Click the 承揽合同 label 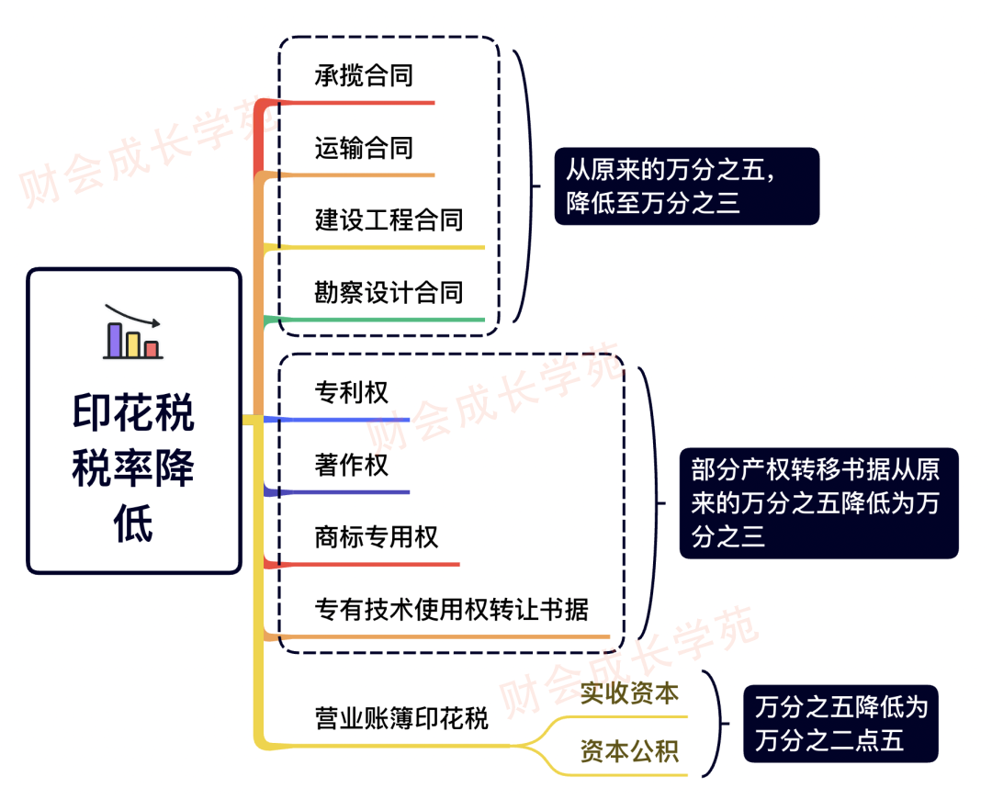(x=364, y=75)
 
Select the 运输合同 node (x=364, y=148)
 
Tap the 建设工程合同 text (x=389, y=220)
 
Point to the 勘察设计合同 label (x=389, y=293)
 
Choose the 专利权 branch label (x=352, y=393)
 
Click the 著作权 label (x=352, y=465)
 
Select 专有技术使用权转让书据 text (x=451, y=609)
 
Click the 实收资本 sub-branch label (x=629, y=693)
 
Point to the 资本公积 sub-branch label (x=629, y=752)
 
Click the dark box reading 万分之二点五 (x=840, y=724)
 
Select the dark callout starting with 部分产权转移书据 (x=818, y=502)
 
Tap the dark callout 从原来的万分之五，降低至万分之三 (x=686, y=186)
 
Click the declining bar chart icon (x=133, y=332)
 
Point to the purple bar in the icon (x=115, y=340)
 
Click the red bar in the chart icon (x=152, y=349)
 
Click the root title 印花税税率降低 (x=134, y=468)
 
